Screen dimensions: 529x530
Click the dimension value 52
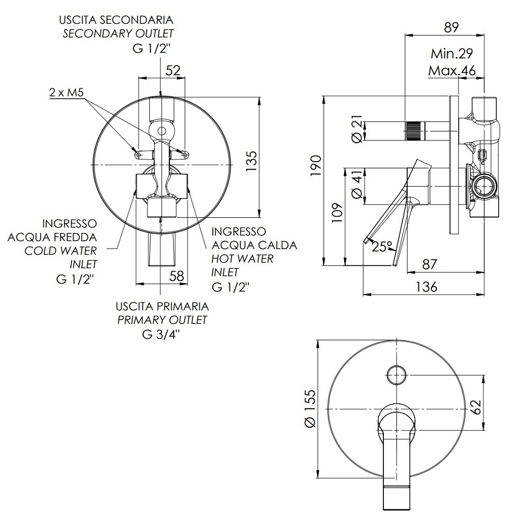coord(173,70)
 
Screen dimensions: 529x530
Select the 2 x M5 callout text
coord(67,93)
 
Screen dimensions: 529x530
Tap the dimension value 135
coord(252,161)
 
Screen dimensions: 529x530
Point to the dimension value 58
coord(176,276)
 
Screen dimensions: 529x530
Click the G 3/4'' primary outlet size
coord(161,334)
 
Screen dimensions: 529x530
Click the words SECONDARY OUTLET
coord(118,34)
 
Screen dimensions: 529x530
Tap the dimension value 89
coord(451,28)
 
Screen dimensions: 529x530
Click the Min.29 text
coord(452,54)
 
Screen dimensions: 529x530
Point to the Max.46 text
coord(452,71)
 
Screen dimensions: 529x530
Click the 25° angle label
coord(382,246)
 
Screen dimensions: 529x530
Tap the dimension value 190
coord(316,165)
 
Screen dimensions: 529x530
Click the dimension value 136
coord(426,287)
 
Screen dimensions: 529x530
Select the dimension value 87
coord(429,264)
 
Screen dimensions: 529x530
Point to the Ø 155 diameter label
coord(310,409)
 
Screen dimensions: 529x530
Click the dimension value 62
coord(476,407)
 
